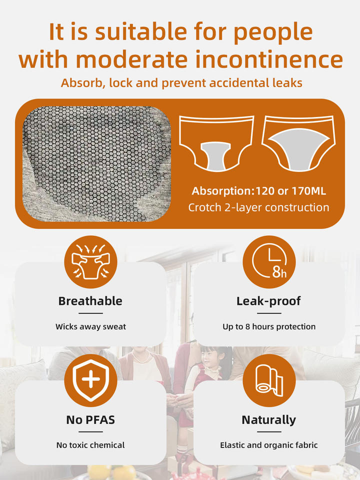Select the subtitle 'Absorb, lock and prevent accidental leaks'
click(181, 83)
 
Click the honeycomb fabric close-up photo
click(96, 164)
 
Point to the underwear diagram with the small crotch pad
click(216, 143)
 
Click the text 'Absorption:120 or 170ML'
click(258, 191)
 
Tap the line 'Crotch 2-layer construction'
click(258, 207)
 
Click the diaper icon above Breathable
click(90, 261)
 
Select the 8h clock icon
click(269, 261)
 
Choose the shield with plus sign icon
click(90, 380)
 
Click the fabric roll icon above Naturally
click(269, 380)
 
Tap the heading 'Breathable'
click(90, 301)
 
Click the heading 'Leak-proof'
click(269, 301)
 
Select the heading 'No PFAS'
click(90, 420)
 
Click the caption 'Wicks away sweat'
click(90, 327)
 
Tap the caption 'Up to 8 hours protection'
click(269, 327)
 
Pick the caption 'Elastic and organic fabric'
click(269, 445)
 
